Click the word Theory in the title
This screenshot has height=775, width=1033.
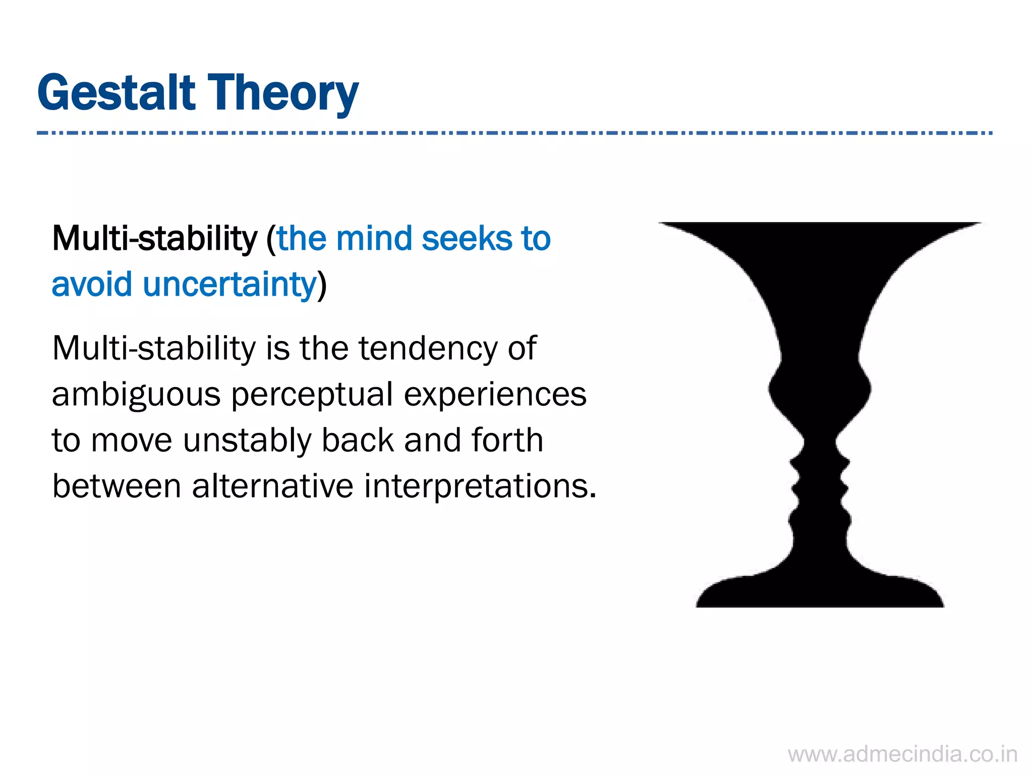(283, 94)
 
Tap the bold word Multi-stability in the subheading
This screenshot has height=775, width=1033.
(154, 238)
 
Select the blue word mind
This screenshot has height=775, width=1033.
(374, 238)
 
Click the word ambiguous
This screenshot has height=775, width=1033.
(136, 395)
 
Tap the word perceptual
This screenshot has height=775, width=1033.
(312, 395)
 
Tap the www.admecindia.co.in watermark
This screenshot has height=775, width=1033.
(902, 755)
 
